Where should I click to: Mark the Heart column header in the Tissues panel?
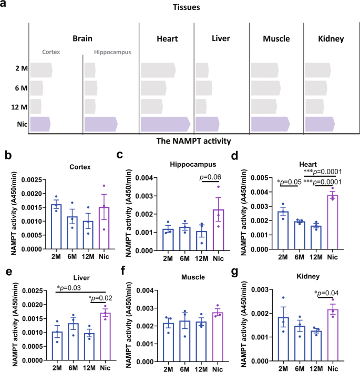(x=167, y=39)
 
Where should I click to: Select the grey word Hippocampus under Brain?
(x=112, y=52)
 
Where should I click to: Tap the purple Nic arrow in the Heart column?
(x=164, y=124)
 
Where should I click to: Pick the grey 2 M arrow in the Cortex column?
(x=42, y=70)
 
